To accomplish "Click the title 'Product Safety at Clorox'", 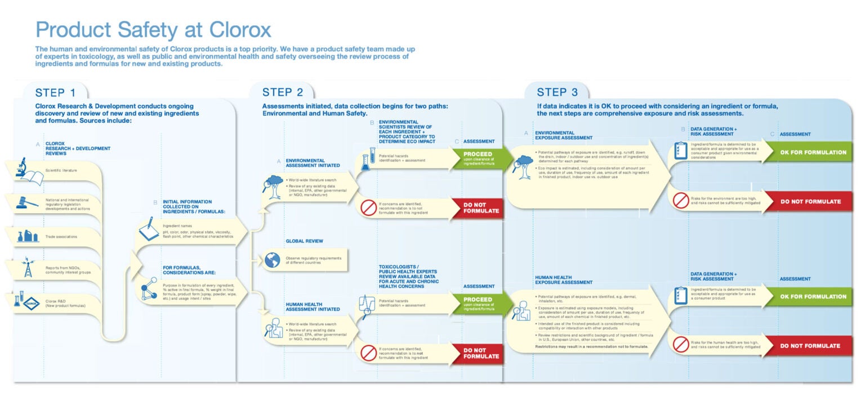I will click(x=153, y=29).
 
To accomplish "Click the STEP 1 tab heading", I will click(x=55, y=92).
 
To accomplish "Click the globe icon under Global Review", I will click(x=273, y=260).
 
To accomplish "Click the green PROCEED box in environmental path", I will click(x=478, y=158).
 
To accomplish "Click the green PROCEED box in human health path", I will click(x=478, y=303).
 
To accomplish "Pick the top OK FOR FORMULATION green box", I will click(x=813, y=152).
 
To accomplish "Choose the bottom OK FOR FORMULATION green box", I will click(x=813, y=297).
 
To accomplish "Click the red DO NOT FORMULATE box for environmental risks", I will click(x=811, y=201).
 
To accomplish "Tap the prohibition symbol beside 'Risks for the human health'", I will click(x=681, y=344).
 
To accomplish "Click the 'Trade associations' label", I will click(x=61, y=237).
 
